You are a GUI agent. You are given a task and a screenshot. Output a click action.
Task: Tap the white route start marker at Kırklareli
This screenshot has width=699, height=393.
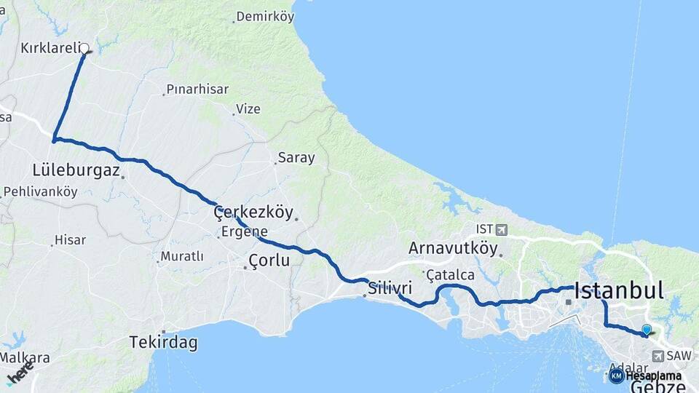tap(84, 49)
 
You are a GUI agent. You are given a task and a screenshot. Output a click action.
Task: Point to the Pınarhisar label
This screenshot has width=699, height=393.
tap(197, 90)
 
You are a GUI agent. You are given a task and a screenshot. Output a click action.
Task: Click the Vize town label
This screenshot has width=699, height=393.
tap(248, 109)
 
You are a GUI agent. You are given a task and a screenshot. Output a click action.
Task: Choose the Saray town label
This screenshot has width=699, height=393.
tap(296, 157)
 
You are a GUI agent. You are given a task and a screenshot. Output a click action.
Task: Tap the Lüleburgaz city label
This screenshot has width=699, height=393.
tap(76, 170)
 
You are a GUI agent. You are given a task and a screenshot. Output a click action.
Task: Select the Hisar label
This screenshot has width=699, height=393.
tap(71, 239)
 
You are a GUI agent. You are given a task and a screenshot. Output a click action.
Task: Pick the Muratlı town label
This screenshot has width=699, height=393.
tap(182, 256)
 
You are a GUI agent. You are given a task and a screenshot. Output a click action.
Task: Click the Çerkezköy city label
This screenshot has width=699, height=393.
tap(253, 213)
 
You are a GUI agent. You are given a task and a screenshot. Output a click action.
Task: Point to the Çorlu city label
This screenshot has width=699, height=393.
tap(269, 260)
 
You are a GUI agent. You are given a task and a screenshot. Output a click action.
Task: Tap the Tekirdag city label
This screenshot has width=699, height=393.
tap(163, 343)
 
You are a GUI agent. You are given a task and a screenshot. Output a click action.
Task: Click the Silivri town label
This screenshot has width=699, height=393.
tap(390, 287)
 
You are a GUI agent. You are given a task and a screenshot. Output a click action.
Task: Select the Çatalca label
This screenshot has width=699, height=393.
tap(451, 275)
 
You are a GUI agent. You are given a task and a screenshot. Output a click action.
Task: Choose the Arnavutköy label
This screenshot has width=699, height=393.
tap(453, 248)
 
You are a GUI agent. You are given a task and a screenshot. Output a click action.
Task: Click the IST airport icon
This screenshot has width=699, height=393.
tap(502, 230)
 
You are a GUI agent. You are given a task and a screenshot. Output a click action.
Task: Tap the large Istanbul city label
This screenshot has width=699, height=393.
tap(619, 291)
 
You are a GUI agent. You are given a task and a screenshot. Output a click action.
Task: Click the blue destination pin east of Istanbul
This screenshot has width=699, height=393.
tap(646, 330)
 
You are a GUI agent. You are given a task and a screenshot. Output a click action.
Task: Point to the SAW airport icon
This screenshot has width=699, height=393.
tap(658, 356)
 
